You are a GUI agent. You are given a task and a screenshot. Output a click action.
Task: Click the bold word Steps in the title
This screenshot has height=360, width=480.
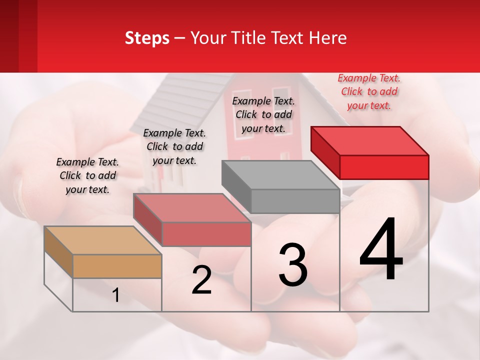coord(147,38)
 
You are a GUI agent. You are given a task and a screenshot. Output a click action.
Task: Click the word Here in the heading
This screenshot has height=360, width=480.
coord(328,38)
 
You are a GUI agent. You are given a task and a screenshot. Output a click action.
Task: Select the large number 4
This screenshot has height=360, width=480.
coord(381,250)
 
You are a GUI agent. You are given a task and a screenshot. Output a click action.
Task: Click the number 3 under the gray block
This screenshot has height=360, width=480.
coord(293,265)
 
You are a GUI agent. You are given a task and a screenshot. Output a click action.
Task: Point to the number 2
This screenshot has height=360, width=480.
coord(201,280)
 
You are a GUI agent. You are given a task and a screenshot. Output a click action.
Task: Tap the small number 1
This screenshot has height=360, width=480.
coord(116,295)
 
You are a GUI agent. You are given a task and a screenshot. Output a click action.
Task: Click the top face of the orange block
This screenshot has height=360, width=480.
coord(102,240)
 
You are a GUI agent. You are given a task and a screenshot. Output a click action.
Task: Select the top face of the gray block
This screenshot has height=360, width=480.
coord(280,175)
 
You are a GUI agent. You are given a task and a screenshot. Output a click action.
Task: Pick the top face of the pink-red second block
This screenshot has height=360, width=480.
coord(191,208)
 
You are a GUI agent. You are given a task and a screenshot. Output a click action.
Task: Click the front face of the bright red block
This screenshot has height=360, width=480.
coord(384,167)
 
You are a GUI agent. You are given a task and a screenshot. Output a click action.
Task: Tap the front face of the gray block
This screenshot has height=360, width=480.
coord(295,201)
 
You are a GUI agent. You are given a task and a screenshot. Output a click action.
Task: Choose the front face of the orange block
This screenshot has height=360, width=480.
coord(117,266)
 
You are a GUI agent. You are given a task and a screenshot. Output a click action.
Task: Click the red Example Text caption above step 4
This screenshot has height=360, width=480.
coord(369,92)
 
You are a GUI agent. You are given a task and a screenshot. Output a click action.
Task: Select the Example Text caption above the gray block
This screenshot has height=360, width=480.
coord(263,115)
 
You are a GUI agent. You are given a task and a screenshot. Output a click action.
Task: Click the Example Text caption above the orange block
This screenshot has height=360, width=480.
coord(87,176)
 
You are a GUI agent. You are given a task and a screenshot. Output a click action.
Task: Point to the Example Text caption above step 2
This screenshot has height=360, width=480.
coord(174,147)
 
